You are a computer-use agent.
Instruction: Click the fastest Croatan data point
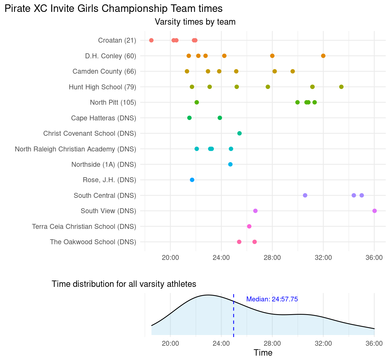pos(151,40)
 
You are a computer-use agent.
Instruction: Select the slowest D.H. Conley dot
pos(323,56)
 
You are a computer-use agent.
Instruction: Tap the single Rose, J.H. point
pos(192,180)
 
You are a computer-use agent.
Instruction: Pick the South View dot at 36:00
pos(375,211)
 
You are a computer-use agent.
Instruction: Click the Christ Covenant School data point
pos(239,133)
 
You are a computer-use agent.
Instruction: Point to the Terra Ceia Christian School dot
pos(249,226)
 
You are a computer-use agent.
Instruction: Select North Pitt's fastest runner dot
pos(197,102)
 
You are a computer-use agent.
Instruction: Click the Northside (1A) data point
pos(230,164)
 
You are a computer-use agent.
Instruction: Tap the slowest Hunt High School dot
pos(341,87)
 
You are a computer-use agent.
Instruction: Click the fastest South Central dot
pos(305,196)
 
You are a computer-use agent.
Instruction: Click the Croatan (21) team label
pos(117,40)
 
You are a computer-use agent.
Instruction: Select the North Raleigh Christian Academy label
pos(75,149)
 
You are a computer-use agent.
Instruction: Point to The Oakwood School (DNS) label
pos(93,242)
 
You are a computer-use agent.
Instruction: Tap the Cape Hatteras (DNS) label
pos(104,118)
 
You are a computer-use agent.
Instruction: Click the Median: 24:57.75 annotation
pos(272,299)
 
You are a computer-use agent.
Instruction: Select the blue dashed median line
pos(234,319)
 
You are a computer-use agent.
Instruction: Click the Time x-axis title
pos(263,353)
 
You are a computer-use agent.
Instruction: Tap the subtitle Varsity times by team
pos(195,22)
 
